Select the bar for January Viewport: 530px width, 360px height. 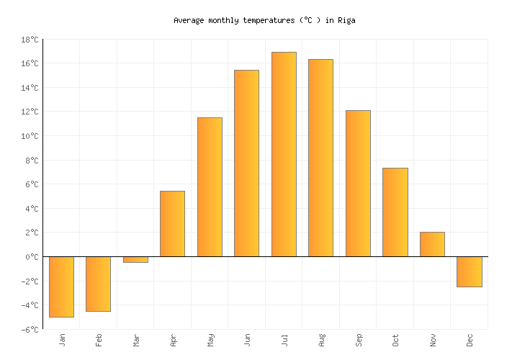click(61, 287)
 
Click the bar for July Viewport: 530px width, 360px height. click(284, 154)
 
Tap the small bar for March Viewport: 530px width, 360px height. click(135, 259)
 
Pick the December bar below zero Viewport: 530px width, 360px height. click(469, 271)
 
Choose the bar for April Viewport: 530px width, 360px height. click(172, 223)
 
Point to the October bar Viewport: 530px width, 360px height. click(395, 212)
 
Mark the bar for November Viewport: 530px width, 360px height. click(432, 244)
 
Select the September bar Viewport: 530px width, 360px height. click(358, 183)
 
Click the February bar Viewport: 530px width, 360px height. click(98, 284)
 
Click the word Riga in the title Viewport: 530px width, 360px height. click(346, 21)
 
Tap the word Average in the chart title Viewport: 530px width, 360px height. click(189, 21)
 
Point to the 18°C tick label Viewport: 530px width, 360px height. click(30, 40)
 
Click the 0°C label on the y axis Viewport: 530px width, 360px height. click(32, 257)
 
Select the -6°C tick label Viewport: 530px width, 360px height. click(30, 330)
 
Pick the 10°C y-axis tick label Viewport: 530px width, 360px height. click(30, 136)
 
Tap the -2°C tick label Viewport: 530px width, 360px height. click(30, 282)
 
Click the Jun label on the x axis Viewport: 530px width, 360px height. click(247, 339)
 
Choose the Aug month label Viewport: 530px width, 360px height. click(321, 340)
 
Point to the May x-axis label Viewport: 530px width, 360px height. click(210, 340)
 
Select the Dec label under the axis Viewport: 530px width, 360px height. click(470, 339)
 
